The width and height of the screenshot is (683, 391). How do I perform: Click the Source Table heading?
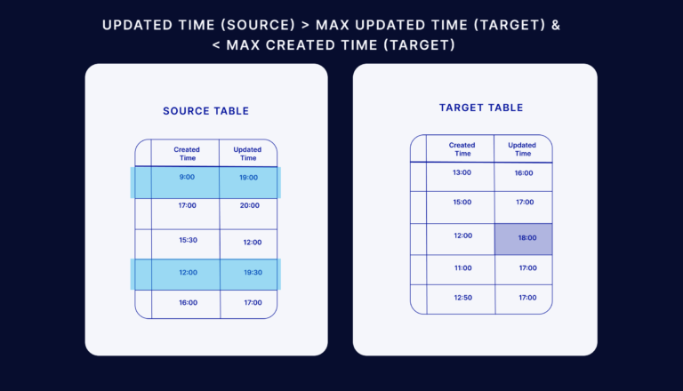coord(205,111)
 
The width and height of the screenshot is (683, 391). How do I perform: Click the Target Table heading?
coord(481,108)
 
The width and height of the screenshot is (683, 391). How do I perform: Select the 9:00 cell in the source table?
coord(187,178)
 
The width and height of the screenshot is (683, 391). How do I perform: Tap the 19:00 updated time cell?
coord(248,178)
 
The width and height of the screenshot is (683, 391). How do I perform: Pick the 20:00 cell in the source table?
coord(249,206)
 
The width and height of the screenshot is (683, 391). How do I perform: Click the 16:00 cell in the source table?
coord(187,303)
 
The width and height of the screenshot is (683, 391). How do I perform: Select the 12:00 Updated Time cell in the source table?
coord(253,242)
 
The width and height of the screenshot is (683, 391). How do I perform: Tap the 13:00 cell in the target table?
coord(462,173)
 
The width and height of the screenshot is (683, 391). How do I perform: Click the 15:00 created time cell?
coord(462,203)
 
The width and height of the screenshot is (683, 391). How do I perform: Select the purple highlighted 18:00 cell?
coord(524,239)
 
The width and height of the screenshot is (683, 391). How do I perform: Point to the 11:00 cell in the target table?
coord(462,267)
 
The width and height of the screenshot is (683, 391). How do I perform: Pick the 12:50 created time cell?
coord(462,297)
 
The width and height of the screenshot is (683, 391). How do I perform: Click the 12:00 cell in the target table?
coord(462,236)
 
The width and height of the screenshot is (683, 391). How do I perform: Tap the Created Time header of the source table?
coord(187,153)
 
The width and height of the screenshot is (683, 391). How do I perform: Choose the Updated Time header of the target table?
coord(522,148)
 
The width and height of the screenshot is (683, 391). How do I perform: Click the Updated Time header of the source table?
coord(247,153)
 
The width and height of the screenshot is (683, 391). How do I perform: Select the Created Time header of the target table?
coord(462,148)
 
